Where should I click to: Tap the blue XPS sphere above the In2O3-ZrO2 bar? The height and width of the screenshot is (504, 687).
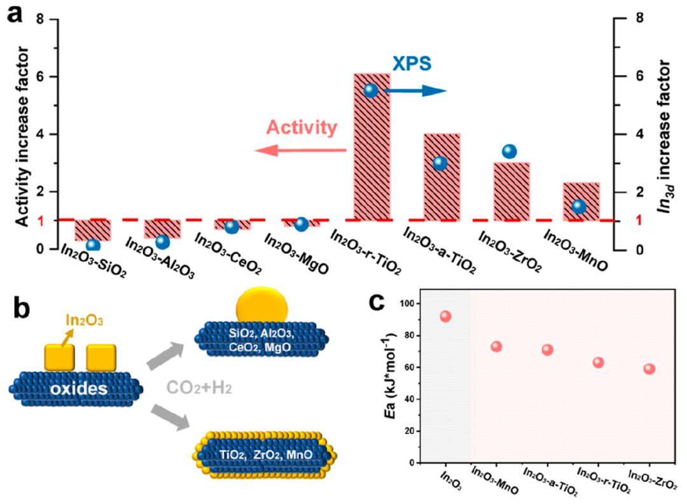click(510, 151)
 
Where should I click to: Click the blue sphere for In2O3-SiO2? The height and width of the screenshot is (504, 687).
click(94, 245)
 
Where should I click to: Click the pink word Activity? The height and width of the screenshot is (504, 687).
click(302, 128)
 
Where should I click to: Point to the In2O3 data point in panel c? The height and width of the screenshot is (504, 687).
click(445, 316)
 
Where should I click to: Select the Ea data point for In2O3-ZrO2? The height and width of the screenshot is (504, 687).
click(649, 368)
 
